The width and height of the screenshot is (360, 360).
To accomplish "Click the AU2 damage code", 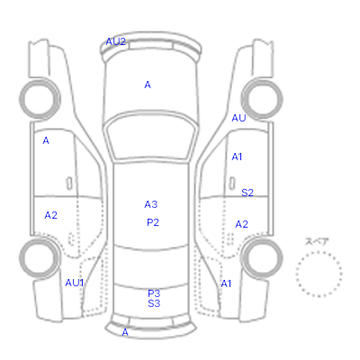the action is coord(115,41).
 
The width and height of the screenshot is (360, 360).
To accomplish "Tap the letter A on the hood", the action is coord(148,85).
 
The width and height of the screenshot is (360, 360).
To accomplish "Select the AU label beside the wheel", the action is coord(238,118).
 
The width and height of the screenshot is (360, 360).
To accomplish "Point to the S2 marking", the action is coord(247,193).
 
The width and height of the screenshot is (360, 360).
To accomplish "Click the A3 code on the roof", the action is coord(151,204).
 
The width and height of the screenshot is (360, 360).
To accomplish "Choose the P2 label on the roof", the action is coord(153,222).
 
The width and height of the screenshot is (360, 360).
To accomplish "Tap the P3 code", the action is coord(154,293).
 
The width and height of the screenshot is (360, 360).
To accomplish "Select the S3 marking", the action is coord(154,303).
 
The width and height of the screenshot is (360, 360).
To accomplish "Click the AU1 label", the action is coord(75,283).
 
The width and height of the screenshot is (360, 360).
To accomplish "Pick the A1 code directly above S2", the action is coord(237,157).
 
